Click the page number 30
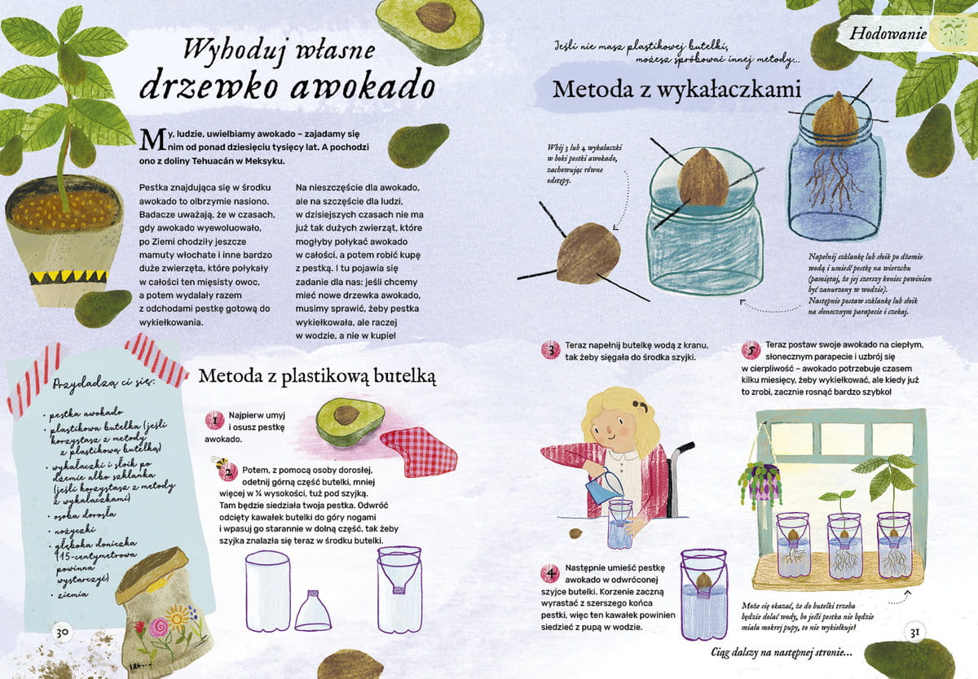click(x=62, y=633)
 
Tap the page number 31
click(x=914, y=633)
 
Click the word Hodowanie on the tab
click(x=888, y=33)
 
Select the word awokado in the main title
click(x=363, y=86)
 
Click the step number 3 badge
click(x=551, y=350)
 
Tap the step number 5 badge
click(x=751, y=350)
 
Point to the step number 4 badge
click(x=551, y=573)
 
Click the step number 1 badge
click(x=215, y=420)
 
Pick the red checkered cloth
click(x=419, y=452)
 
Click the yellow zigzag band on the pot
click(x=68, y=277)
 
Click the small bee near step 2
click(x=219, y=462)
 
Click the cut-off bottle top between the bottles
click(x=313, y=611)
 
